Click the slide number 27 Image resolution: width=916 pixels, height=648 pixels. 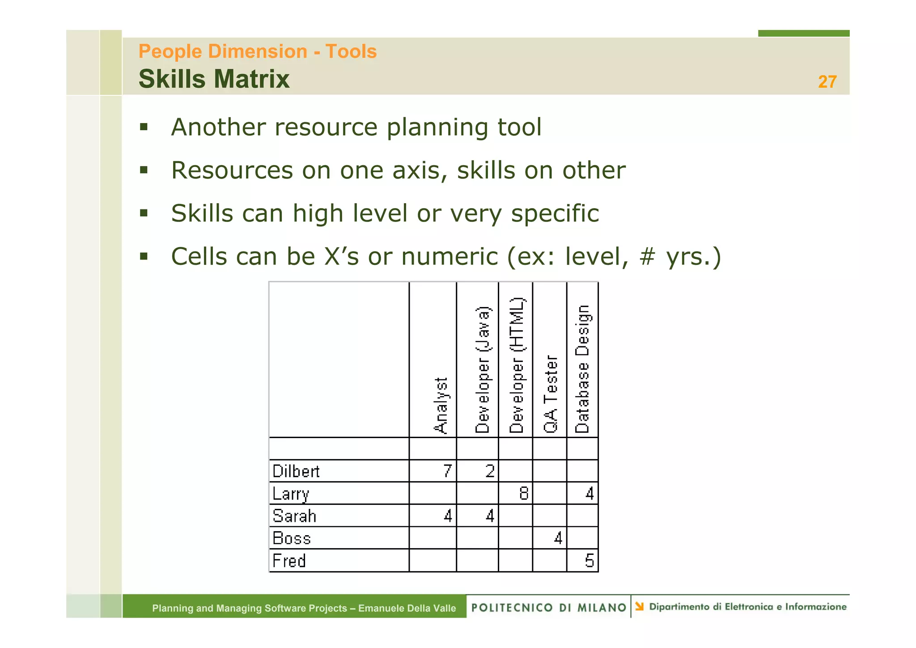click(x=827, y=82)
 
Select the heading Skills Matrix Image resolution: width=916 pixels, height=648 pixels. click(x=214, y=79)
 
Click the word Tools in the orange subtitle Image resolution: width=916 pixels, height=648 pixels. click(x=351, y=51)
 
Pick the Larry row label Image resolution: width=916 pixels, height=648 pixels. click(x=291, y=494)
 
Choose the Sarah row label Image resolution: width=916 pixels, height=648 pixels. click(x=294, y=516)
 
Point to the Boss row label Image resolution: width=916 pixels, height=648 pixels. click(x=292, y=538)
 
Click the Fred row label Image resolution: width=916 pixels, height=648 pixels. click(x=289, y=561)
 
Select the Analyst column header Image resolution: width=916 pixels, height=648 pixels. click(x=441, y=405)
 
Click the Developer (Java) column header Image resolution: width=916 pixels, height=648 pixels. click(x=483, y=370)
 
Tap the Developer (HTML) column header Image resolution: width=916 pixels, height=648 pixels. click(x=517, y=365)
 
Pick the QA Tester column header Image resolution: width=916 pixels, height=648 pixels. click(x=551, y=394)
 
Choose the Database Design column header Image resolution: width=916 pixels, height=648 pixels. click(x=582, y=369)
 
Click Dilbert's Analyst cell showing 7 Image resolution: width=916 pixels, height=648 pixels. click(x=447, y=471)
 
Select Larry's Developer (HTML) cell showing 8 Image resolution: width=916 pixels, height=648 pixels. click(x=524, y=494)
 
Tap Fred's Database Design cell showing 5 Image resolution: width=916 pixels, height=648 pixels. click(x=589, y=561)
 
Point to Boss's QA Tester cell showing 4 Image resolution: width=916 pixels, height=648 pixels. click(x=558, y=538)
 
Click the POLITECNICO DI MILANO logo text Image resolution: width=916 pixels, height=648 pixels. click(x=549, y=607)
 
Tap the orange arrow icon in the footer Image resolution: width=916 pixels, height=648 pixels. click(x=640, y=606)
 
